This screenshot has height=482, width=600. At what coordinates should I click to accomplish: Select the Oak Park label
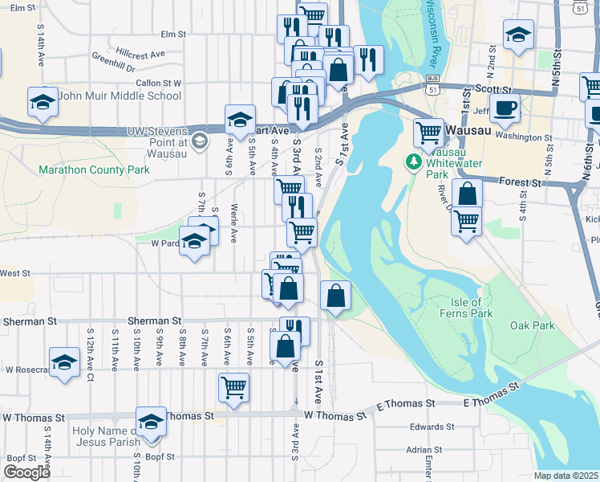coord(533,325)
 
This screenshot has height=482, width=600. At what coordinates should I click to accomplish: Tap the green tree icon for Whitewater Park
coord(415,161)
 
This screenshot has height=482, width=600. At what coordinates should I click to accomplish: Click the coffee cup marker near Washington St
coord(504,108)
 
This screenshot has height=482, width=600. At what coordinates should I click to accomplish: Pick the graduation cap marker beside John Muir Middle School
coord(43,102)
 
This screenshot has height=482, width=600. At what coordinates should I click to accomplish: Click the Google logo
coord(26,472)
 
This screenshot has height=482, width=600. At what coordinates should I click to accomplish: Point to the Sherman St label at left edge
coord(25,321)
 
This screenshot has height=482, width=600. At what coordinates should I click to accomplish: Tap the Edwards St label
coord(432,427)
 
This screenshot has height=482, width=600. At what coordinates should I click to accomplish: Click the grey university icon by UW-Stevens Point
coord(199,142)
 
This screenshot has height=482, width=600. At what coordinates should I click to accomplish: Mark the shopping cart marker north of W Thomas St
coord(233,387)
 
